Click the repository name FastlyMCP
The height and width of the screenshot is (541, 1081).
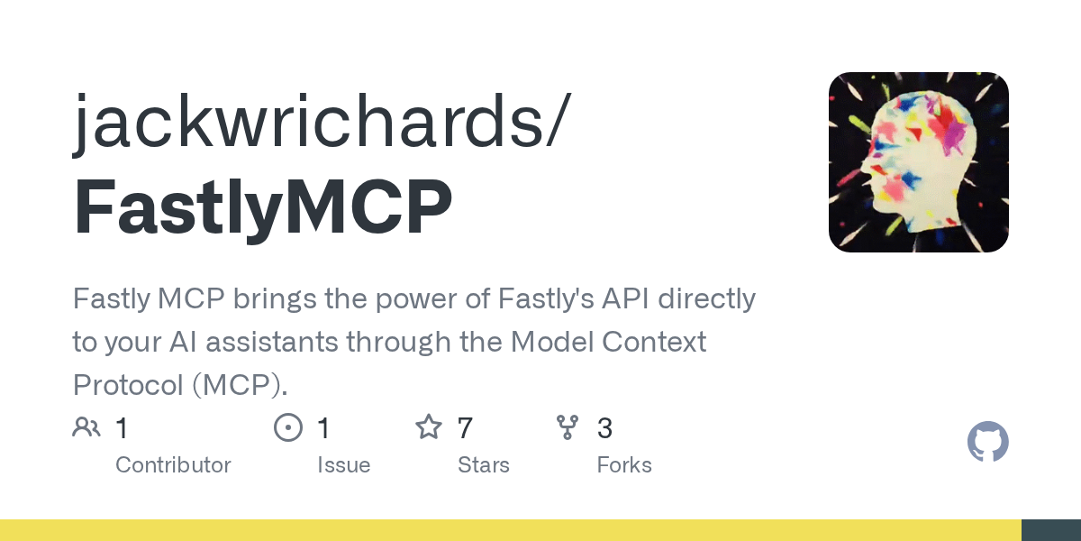(x=263, y=207)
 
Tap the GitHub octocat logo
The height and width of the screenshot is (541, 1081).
(x=988, y=442)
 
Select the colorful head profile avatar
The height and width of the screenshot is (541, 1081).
(x=918, y=161)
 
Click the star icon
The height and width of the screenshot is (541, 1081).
(x=429, y=427)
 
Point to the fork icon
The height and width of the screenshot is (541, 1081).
(x=568, y=427)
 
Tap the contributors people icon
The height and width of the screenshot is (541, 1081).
(x=86, y=427)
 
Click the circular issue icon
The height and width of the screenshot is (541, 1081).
(x=288, y=427)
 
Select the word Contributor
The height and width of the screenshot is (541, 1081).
(x=173, y=465)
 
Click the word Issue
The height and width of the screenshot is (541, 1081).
(x=343, y=465)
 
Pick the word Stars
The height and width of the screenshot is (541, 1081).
(x=484, y=465)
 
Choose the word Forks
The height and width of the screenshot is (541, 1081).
(x=624, y=465)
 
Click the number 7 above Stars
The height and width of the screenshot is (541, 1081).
(x=465, y=428)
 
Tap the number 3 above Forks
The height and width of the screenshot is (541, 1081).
(x=605, y=428)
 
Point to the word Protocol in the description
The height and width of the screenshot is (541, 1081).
(x=128, y=385)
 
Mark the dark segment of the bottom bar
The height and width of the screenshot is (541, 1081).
(x=1051, y=530)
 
